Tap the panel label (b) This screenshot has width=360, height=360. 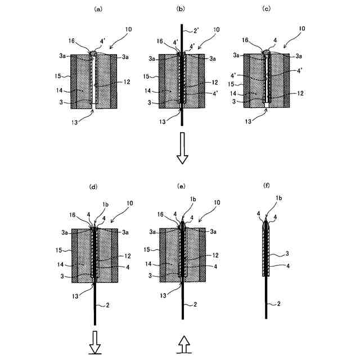(181, 8)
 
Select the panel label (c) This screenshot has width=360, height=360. (268, 8)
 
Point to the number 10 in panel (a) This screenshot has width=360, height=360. (129, 29)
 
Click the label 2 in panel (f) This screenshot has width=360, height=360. (276, 304)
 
